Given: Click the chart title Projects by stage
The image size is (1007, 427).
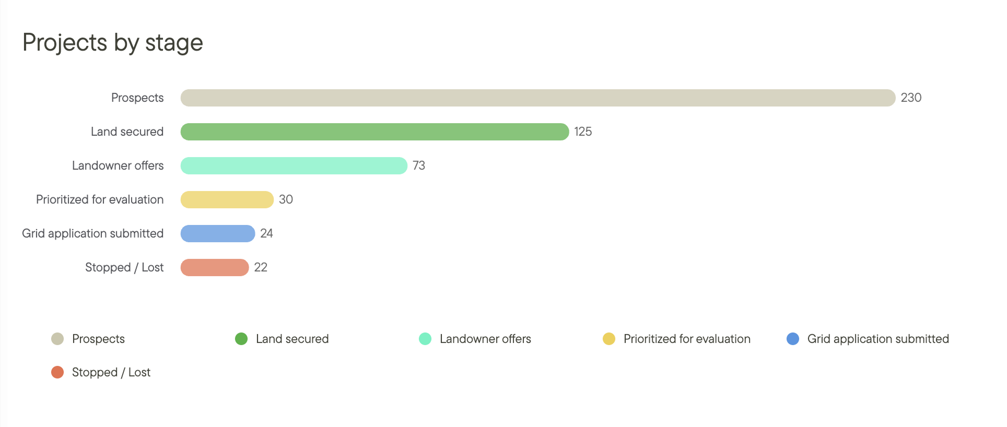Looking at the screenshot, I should [112, 42].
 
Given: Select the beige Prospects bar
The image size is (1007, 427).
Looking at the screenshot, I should [537, 98].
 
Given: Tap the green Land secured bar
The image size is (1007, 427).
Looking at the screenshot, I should [374, 132].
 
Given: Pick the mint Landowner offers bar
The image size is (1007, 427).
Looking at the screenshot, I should [294, 165].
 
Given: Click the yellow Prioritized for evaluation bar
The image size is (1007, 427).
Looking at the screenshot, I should [227, 199].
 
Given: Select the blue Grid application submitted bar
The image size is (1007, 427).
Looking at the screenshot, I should [217, 233].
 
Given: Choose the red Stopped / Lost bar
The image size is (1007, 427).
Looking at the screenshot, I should [214, 267].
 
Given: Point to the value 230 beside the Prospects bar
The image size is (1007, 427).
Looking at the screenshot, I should [911, 98].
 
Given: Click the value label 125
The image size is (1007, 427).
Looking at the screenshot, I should [583, 132].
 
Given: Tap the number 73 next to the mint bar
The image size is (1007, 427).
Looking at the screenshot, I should [419, 165].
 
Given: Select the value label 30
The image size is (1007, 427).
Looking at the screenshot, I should [286, 199].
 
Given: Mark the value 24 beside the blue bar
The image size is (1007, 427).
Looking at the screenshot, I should [266, 233].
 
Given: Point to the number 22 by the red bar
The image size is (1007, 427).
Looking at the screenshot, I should [261, 267].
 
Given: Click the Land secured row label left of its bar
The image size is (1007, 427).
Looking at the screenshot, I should [127, 132].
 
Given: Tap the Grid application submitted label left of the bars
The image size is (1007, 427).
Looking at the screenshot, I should [92, 233].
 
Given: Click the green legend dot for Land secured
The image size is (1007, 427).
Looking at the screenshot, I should [241, 339].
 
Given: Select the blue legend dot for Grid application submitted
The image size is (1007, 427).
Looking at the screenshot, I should [793, 339].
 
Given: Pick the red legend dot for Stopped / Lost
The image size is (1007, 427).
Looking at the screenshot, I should [57, 372].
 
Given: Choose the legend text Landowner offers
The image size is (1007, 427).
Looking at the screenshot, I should [485, 339].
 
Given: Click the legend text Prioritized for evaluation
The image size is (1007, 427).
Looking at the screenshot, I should [687, 339].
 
